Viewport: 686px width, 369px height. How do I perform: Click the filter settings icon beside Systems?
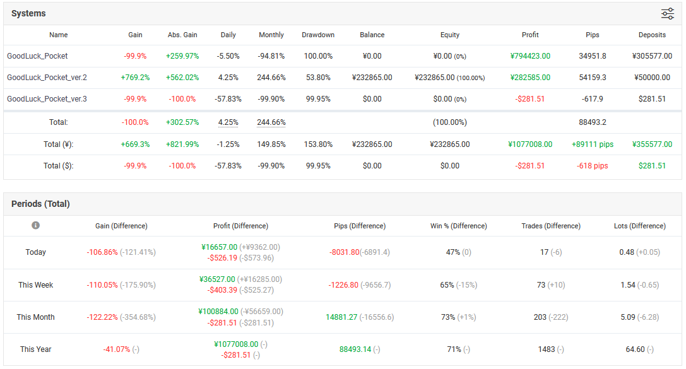click(667, 13)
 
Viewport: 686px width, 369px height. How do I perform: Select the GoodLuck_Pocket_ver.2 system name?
click(47, 78)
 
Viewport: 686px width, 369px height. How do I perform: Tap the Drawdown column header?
click(318, 35)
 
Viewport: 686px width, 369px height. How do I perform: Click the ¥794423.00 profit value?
click(530, 56)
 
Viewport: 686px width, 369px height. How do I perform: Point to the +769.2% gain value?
click(135, 78)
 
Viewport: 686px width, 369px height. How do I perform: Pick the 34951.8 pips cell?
click(593, 56)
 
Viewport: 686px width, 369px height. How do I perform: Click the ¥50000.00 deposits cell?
click(652, 78)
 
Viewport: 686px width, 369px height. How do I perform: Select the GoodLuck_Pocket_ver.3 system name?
click(47, 99)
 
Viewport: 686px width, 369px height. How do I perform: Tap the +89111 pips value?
click(593, 144)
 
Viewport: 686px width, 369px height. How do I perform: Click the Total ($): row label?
click(58, 166)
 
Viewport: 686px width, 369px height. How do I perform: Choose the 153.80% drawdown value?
click(318, 144)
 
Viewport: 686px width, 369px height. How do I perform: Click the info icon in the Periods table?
click(35, 225)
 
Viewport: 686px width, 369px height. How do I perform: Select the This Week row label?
click(35, 285)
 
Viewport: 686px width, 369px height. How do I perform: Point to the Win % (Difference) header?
click(459, 226)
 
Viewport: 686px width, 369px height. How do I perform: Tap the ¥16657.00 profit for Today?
click(219, 247)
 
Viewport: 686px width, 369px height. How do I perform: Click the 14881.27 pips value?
click(341, 317)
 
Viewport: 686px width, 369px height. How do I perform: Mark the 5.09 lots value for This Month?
click(627, 317)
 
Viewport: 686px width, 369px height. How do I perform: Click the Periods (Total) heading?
click(40, 204)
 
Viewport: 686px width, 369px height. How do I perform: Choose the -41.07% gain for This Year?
click(116, 349)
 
